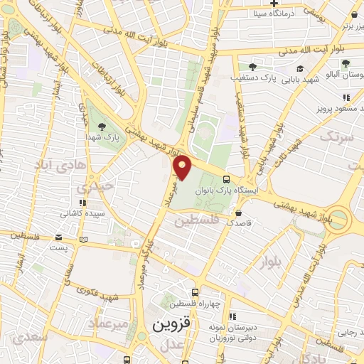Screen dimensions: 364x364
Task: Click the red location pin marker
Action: point(183,168)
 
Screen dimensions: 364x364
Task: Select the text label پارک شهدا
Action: point(100,135)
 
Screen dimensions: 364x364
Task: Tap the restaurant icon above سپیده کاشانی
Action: point(85,202)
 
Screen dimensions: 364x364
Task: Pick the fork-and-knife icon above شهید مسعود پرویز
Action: point(346,97)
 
